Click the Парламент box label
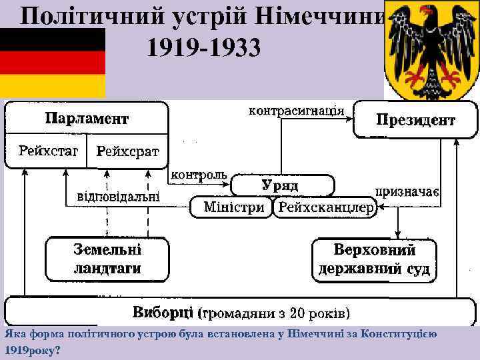pos(87,119)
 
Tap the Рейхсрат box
pos(128,151)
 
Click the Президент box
pos(415,120)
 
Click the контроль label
pos(199,175)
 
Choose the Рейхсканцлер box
pos(325,207)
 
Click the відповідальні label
pos(119,196)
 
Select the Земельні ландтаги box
pos(107,259)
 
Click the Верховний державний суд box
pos(374,260)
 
